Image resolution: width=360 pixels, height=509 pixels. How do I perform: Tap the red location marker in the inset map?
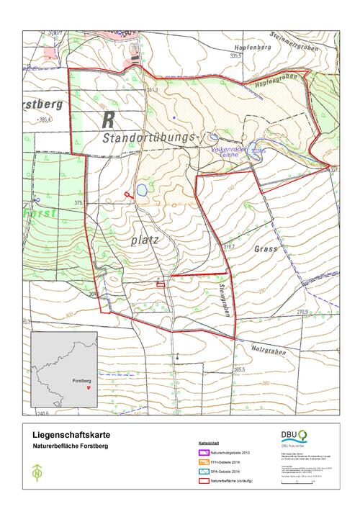88,387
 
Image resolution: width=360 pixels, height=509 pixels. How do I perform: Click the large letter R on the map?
108,117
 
